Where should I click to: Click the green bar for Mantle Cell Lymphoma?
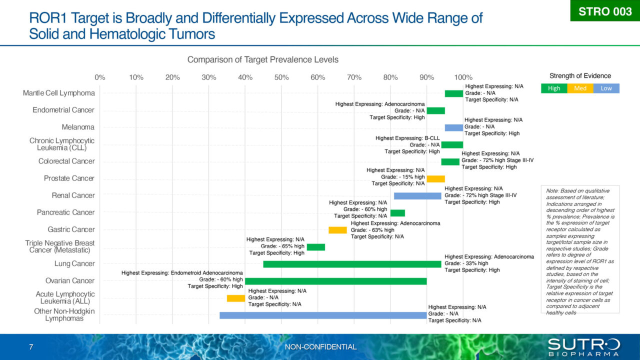point(454,93)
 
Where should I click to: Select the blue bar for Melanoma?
point(454,127)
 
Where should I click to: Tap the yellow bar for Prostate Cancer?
point(435,178)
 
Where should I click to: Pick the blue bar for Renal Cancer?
point(417,196)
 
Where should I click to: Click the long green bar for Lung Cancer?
point(352,264)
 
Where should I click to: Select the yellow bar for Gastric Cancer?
point(337,230)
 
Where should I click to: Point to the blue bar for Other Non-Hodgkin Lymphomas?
point(323,315)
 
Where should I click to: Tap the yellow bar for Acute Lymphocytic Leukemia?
point(236,298)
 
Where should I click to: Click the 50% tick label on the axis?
point(281,77)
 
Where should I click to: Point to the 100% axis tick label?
point(463,77)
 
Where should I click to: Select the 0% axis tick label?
point(100,77)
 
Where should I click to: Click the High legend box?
point(554,88)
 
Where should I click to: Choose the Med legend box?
point(580,88)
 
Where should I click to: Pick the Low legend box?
point(606,88)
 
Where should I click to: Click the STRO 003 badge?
point(605,11)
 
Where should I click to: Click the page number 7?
point(31,347)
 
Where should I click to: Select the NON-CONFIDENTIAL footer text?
point(320,347)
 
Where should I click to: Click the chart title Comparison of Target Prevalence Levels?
point(262,59)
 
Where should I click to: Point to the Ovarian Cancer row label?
point(70,281)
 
